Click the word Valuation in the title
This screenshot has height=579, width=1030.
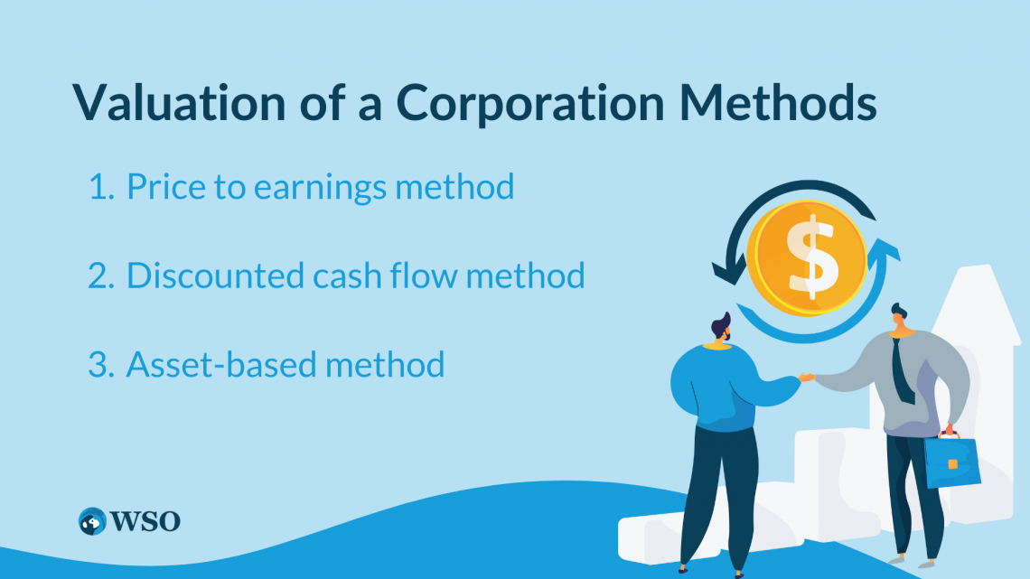(179, 102)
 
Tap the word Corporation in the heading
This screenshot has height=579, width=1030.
(530, 102)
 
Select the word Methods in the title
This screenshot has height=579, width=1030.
(778, 102)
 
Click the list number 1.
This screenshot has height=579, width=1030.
(100, 186)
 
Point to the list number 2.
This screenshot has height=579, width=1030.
(101, 275)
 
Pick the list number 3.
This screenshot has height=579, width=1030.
(101, 365)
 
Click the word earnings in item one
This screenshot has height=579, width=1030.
(320, 189)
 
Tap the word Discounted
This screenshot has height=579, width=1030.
(215, 275)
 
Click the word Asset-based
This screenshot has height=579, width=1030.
(221, 364)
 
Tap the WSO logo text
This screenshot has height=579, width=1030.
(145, 522)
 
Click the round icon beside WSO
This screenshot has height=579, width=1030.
(92, 521)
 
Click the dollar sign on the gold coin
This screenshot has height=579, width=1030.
(812, 257)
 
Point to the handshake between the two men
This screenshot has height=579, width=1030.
(807, 377)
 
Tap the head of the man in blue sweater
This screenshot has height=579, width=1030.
(721, 328)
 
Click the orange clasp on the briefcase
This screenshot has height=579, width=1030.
(952, 465)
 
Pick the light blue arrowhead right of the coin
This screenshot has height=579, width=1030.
(884, 253)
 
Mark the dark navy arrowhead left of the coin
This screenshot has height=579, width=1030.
(729, 271)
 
